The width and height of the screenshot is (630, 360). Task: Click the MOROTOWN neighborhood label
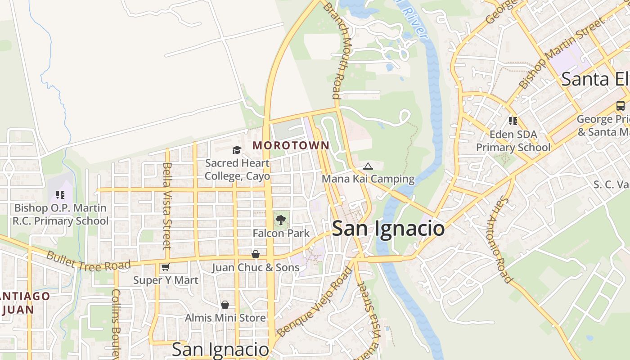click(x=291, y=145)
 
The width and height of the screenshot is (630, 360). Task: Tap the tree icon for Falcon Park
click(x=281, y=220)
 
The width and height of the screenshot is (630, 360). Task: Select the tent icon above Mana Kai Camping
click(x=368, y=166)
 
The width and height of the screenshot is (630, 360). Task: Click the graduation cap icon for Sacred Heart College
click(x=237, y=150)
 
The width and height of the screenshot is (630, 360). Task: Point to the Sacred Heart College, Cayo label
click(x=237, y=170)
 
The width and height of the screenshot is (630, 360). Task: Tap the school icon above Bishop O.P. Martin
click(x=60, y=195)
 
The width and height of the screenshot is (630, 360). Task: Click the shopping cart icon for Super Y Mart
click(x=165, y=267)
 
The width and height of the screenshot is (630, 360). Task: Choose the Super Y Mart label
click(x=166, y=280)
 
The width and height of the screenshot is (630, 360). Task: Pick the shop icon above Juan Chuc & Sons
click(x=255, y=255)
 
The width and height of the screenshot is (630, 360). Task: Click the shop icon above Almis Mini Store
click(x=225, y=305)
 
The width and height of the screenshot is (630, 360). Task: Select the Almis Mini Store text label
click(x=225, y=318)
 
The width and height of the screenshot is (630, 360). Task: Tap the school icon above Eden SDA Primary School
click(x=513, y=121)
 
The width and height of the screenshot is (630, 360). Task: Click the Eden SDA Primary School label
click(x=513, y=141)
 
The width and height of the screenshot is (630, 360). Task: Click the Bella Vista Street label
click(x=167, y=206)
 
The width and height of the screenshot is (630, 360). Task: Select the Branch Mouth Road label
click(x=341, y=51)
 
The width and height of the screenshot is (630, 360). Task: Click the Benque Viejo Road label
click(x=315, y=301)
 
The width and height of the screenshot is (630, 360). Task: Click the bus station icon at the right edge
click(x=620, y=106)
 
